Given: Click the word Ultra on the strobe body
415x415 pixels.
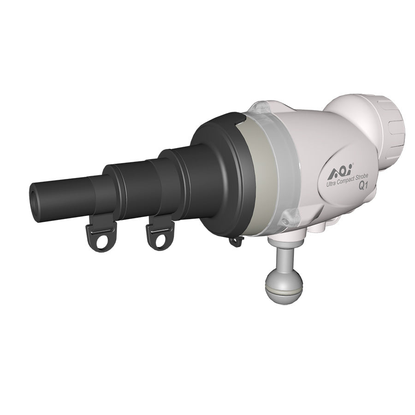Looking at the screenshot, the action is tap(330, 184).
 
